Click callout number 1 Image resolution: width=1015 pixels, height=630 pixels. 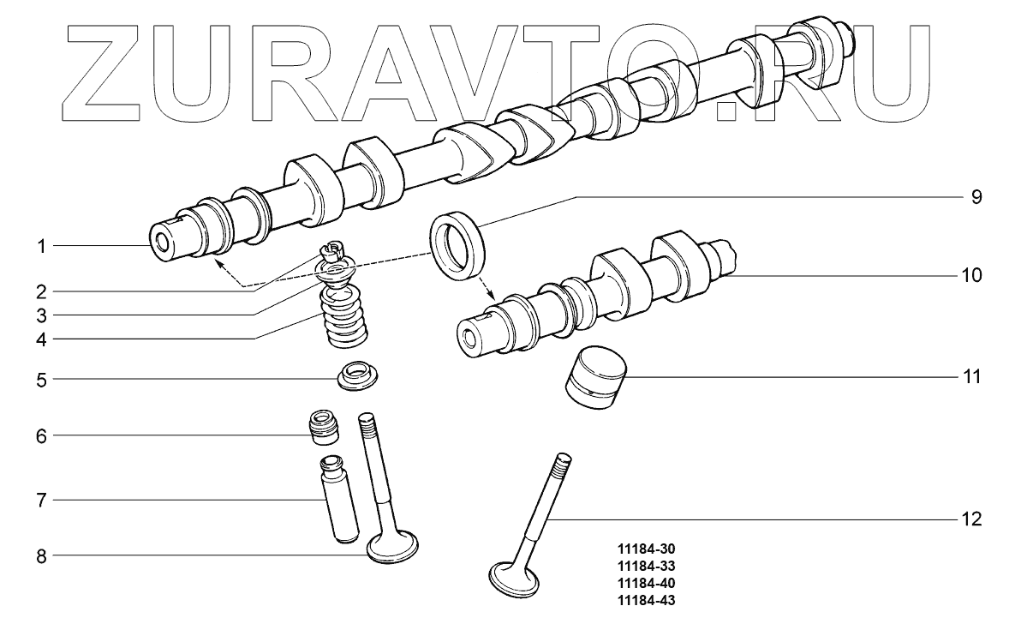point(41,247)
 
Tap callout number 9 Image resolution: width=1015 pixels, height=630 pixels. point(976,197)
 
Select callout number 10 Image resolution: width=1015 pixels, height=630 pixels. point(971,275)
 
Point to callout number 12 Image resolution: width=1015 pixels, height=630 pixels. point(971,519)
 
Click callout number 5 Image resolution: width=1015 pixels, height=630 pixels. point(41,380)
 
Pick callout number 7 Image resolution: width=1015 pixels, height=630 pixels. point(41,501)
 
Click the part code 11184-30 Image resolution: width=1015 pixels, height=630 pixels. point(646,549)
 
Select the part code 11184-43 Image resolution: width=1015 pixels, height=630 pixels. point(646,600)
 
